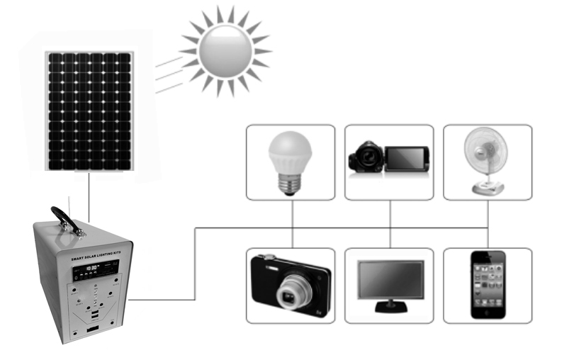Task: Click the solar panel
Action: click(x=89, y=111)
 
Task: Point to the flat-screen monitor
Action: click(x=390, y=281)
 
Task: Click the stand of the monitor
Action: click(x=390, y=308)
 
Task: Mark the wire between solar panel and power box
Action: click(x=89, y=195)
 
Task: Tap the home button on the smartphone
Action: click(x=488, y=315)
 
